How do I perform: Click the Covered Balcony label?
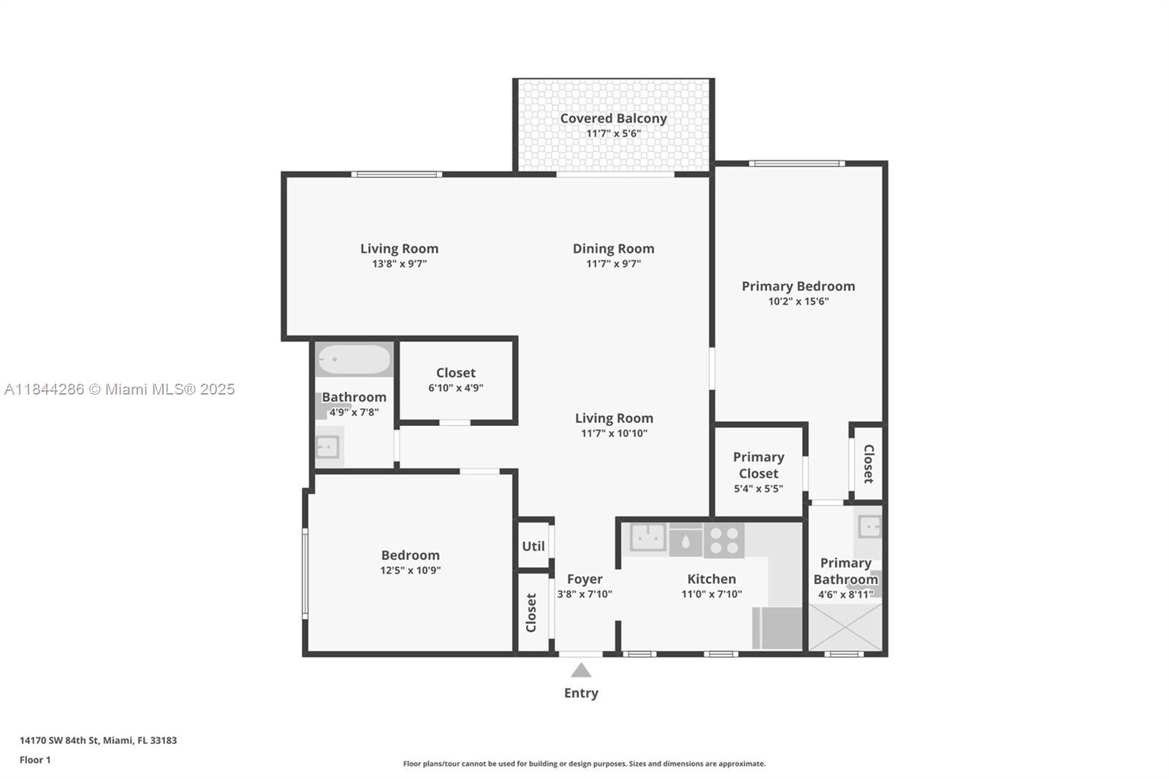(x=613, y=118)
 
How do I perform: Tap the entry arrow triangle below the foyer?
(x=581, y=670)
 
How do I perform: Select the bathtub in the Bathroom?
(x=354, y=360)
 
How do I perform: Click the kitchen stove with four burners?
(x=724, y=541)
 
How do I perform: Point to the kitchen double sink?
(x=647, y=538)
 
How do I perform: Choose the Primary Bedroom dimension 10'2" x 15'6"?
(x=798, y=301)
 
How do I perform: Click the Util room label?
(x=533, y=546)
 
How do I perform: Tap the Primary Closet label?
(x=758, y=465)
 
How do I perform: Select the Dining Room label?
(x=613, y=248)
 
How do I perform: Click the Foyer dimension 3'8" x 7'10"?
(x=584, y=594)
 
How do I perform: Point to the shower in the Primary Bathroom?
(x=845, y=626)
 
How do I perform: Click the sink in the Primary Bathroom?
(x=869, y=526)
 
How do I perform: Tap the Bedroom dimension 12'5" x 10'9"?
(x=410, y=571)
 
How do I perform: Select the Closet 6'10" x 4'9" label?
(x=455, y=373)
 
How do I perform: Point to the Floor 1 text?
(x=35, y=760)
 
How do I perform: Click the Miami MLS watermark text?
(x=120, y=389)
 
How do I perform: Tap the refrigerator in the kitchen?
(x=777, y=628)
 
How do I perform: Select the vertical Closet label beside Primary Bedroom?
(x=868, y=464)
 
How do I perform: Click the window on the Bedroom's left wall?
(x=305, y=574)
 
